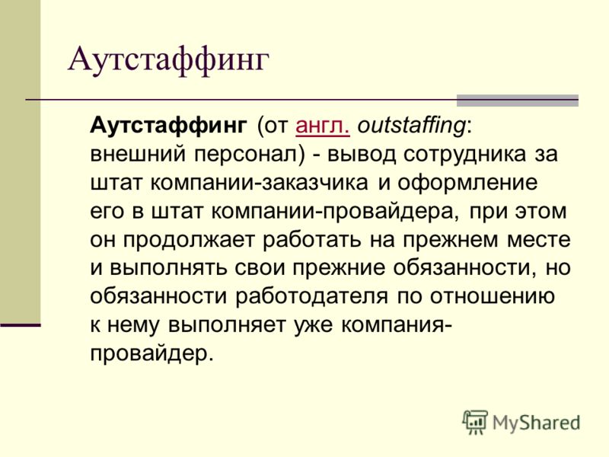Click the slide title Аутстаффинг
click(168, 61)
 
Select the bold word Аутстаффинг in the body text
click(168, 126)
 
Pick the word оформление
click(467, 183)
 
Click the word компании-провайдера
click(333, 212)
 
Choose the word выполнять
click(167, 268)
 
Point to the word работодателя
click(311, 296)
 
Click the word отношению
click(492, 297)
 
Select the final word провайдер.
click(151, 353)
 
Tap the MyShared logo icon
click(474, 422)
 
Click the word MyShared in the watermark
click(536, 423)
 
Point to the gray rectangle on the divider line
click(518, 101)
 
